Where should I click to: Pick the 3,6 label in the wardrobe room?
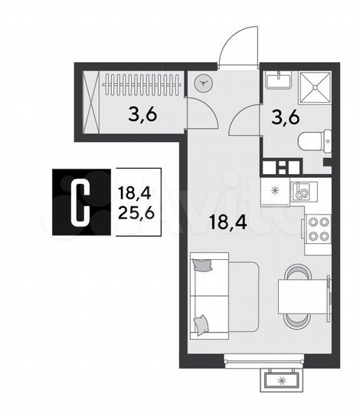pos(144,117)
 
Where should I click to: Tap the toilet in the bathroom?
pos(313,141)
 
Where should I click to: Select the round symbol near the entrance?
pos(203,84)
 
